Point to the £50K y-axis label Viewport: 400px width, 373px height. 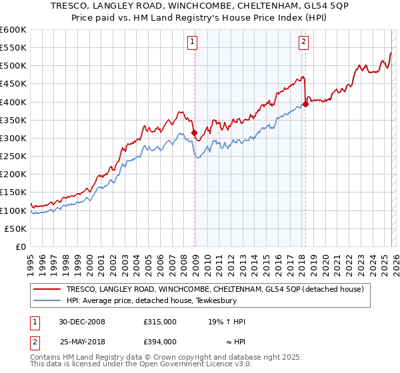click(15, 228)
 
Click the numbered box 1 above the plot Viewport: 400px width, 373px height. click(192, 42)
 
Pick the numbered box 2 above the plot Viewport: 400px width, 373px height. click(303, 42)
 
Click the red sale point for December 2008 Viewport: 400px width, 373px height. click(195, 133)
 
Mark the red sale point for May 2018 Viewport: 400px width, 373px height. click(305, 104)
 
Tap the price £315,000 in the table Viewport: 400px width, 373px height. click(159, 322)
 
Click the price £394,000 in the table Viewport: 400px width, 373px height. click(159, 341)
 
